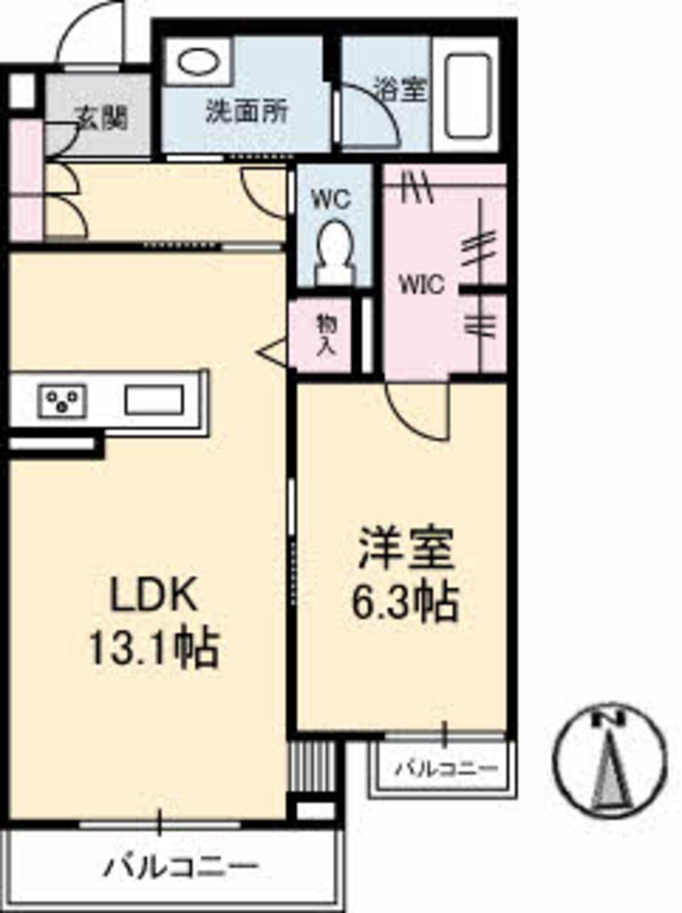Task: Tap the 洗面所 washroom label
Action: coord(247,111)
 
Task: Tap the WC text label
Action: coord(332,198)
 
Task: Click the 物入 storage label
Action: coord(326,335)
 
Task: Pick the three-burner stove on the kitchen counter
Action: coord(63,400)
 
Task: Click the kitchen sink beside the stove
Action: coord(153,400)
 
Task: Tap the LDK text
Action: coord(153,598)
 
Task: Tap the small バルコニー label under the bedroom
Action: coord(446,768)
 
